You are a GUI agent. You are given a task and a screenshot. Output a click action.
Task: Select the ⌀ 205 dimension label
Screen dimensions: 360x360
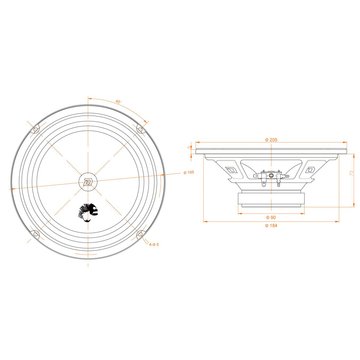(x=272, y=139)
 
